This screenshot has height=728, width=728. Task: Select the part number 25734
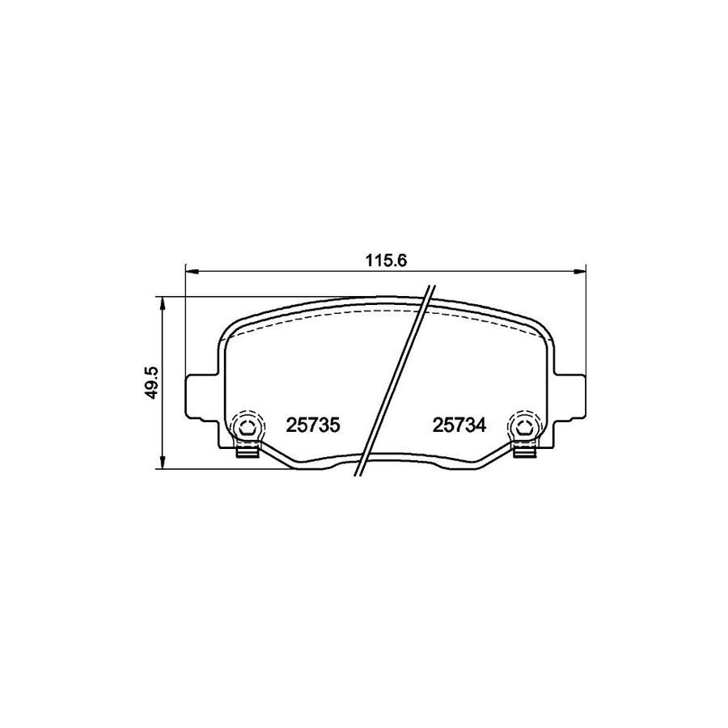point(459,425)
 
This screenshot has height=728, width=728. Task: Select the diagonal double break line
point(396,380)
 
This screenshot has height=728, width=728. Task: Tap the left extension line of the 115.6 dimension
point(187,324)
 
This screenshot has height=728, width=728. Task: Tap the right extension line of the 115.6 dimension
point(584,324)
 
